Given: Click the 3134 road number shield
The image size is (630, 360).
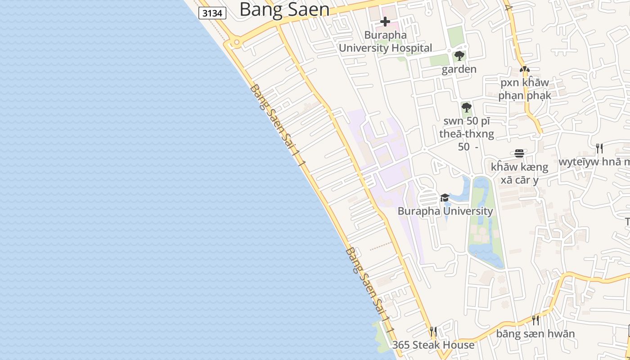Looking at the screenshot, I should pos(212,13).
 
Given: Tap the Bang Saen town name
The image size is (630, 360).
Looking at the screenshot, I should pos(284,9).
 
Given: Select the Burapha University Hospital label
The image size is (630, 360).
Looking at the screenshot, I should pos(385,41).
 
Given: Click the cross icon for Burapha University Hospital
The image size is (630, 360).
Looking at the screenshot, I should pos(385,21).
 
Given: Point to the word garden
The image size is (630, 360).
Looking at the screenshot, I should pos(459,69).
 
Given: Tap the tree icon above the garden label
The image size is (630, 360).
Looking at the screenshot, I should pos(459,56).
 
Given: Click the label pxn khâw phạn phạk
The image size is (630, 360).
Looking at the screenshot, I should pos(524,89).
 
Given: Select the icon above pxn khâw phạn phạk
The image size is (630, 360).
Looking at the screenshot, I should pos(524,70).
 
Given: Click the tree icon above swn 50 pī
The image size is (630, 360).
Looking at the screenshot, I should pos(467,108).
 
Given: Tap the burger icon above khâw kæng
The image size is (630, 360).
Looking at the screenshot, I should pos(519,153).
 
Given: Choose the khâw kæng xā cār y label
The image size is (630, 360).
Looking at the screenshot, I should pos(519,173).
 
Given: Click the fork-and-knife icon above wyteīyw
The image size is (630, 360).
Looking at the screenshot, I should pos(599,148).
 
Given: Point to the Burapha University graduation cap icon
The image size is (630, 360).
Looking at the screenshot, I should pos(445,198).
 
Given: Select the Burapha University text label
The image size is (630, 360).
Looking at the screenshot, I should pos(445,211).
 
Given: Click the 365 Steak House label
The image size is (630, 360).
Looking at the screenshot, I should pos(433,345).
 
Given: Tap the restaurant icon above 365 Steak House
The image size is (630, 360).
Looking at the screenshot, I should pos(433,332).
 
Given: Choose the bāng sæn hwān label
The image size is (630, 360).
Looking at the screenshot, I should pos(535,334).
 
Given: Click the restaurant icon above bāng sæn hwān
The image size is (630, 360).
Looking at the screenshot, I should pos(535,320).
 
